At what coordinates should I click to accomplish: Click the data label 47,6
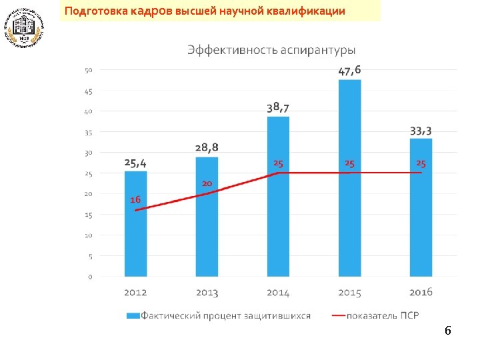350,70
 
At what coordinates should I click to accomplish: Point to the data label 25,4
135,163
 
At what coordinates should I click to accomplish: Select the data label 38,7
278,107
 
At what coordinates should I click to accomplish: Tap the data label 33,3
421,130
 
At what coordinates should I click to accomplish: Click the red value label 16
135,199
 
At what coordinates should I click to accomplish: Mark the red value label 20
207,183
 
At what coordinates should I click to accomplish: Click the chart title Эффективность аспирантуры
271,50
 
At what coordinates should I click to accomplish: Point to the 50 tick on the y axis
88,70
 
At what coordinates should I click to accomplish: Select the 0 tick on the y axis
90,276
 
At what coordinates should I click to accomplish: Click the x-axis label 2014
278,292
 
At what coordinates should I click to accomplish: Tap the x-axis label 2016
421,292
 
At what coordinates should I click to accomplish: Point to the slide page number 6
448,331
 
